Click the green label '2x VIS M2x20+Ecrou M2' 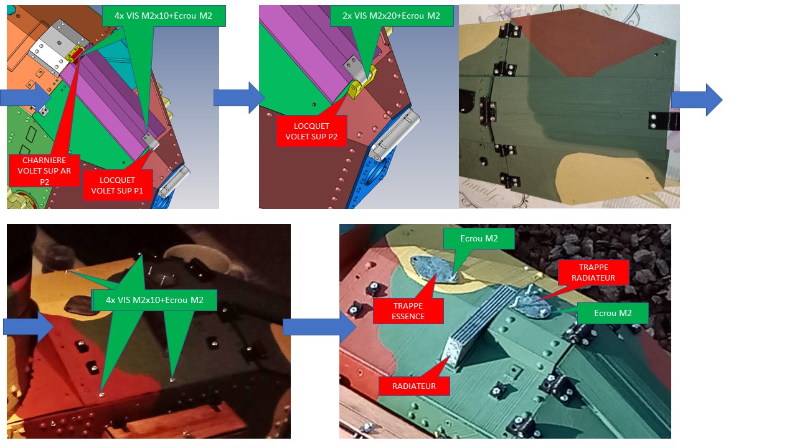(392, 16)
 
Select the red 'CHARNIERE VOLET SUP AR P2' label (44, 170)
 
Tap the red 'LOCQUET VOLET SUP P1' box (117, 185)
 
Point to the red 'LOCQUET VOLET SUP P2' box (311, 131)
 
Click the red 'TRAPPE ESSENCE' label (408, 311)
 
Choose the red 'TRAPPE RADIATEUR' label (593, 273)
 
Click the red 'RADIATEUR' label (414, 386)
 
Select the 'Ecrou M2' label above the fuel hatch (479, 238)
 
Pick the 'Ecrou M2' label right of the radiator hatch (613, 313)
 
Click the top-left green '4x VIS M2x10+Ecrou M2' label (164, 16)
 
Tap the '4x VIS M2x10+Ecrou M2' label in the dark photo (154, 300)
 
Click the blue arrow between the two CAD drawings (239, 98)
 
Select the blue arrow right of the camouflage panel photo (697, 100)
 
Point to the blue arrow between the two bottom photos (319, 327)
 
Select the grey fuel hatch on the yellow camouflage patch (435, 269)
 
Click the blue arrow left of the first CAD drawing (26, 97)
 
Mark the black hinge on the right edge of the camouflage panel (664, 121)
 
